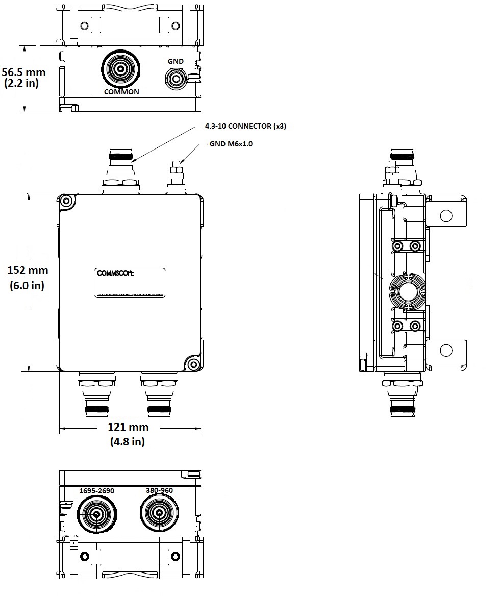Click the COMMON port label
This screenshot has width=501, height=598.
click(121, 92)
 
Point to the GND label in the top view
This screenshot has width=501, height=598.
click(176, 61)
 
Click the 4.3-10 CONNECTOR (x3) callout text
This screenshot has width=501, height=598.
click(245, 126)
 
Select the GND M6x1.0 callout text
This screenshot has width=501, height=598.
click(231, 144)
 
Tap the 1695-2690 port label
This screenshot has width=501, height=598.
click(96, 491)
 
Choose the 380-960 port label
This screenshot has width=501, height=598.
click(159, 490)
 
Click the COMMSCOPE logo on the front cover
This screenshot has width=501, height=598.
click(116, 273)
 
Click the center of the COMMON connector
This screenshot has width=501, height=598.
click(121, 69)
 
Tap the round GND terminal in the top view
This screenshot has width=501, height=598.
click(176, 79)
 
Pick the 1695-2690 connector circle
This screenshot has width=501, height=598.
click(96, 514)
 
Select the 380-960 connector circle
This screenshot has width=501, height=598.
click(159, 513)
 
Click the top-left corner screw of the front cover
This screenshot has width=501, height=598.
click(66, 202)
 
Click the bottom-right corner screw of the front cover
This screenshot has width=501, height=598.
click(193, 364)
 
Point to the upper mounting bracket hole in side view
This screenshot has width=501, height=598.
click(446, 215)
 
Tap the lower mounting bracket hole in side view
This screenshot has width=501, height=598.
click(446, 351)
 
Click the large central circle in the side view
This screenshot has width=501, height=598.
click(408, 292)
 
